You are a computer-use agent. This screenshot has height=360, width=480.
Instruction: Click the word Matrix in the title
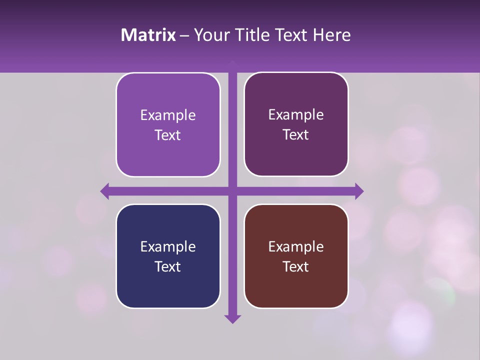point(148,35)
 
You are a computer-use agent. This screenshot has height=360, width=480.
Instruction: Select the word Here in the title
point(331,35)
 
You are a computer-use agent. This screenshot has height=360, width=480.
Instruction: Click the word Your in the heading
point(210,35)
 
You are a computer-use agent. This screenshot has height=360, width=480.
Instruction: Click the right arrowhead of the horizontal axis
point(359,191)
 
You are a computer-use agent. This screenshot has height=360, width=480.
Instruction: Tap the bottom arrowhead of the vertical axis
point(232,318)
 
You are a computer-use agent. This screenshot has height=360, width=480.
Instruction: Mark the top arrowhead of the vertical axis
point(232,63)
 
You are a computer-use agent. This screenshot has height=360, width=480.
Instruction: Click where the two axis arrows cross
point(232,191)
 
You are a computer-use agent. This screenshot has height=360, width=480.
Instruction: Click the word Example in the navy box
point(168,246)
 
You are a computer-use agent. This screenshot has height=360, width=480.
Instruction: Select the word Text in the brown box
point(296,266)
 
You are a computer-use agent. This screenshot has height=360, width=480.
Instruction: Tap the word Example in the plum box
point(296,115)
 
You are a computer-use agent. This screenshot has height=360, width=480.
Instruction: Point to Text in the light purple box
point(168,135)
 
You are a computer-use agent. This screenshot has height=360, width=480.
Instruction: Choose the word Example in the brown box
point(296,246)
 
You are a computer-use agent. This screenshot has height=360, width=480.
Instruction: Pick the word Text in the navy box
point(168,266)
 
